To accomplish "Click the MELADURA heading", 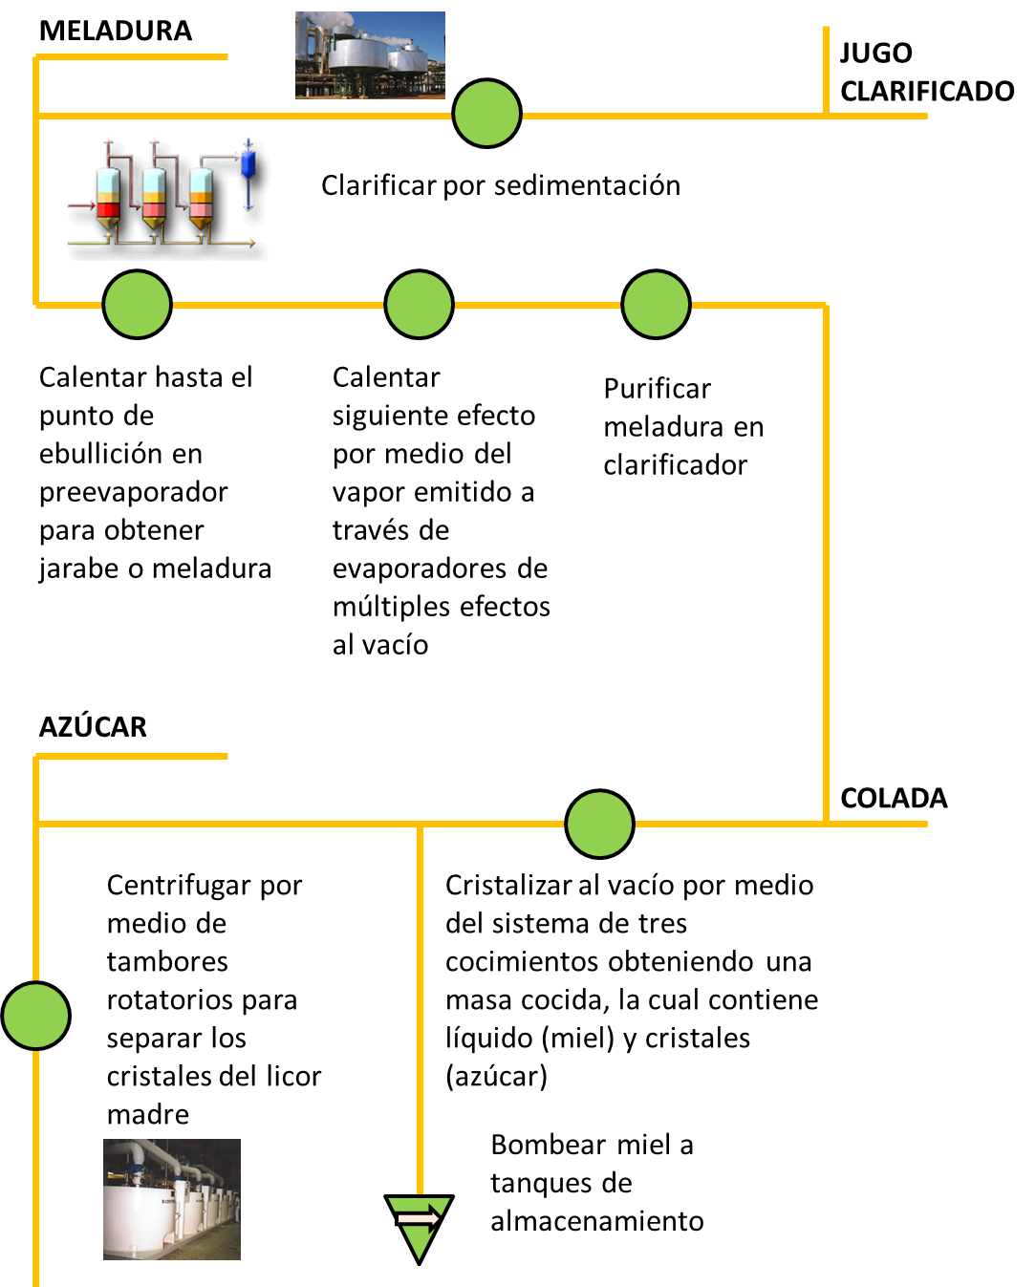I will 116,31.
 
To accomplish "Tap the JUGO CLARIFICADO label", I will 926,72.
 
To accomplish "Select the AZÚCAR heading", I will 93,727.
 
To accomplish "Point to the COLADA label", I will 894,798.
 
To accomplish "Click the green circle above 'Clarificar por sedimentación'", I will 486,114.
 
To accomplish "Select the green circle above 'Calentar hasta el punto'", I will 137,305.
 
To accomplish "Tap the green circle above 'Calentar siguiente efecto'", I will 419,305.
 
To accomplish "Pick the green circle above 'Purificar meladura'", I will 656,305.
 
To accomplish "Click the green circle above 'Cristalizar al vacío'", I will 599,824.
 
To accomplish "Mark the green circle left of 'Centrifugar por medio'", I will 36,1015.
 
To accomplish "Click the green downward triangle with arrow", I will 419,1224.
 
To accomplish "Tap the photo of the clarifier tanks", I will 370,54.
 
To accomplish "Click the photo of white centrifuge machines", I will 172,1199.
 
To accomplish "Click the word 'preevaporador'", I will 133,492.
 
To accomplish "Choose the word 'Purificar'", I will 657,389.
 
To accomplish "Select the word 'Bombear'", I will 548,1145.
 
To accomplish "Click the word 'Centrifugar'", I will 180,886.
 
